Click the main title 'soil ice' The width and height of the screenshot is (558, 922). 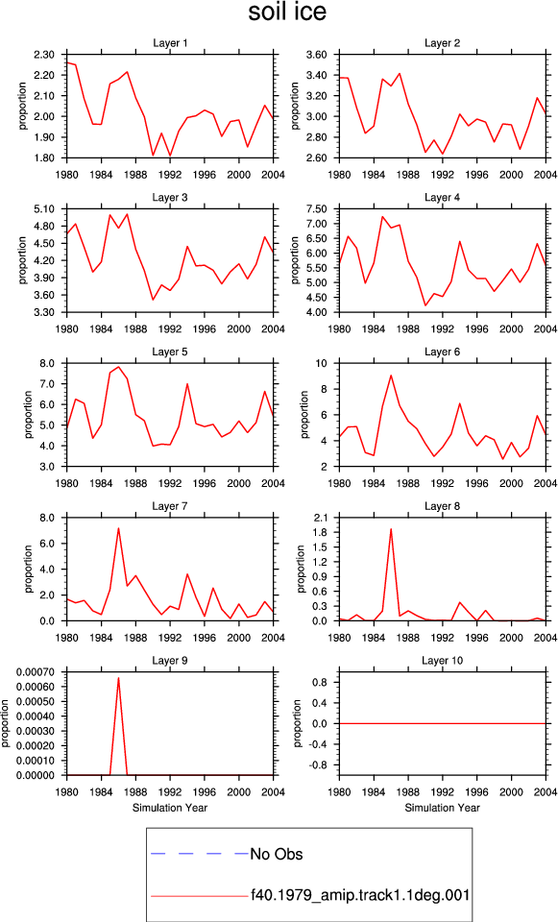point(287,12)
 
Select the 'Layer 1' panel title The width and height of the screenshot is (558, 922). point(170,43)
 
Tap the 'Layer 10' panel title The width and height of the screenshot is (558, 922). point(442,661)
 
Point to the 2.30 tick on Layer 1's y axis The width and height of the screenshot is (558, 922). point(51,55)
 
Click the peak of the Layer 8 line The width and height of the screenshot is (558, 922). point(391,528)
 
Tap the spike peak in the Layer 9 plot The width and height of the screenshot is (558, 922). point(118,677)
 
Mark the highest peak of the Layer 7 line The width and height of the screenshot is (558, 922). point(118,528)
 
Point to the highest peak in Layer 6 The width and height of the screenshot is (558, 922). point(391,376)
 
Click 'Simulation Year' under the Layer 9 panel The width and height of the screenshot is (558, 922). point(170,808)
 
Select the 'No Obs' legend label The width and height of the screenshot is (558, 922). point(277,854)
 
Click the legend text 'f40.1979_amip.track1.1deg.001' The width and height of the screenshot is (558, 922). point(360,895)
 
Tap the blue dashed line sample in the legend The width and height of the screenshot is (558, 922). point(200,853)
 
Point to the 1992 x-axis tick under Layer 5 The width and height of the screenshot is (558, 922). point(170,483)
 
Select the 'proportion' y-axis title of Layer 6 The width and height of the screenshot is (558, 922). point(304,415)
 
